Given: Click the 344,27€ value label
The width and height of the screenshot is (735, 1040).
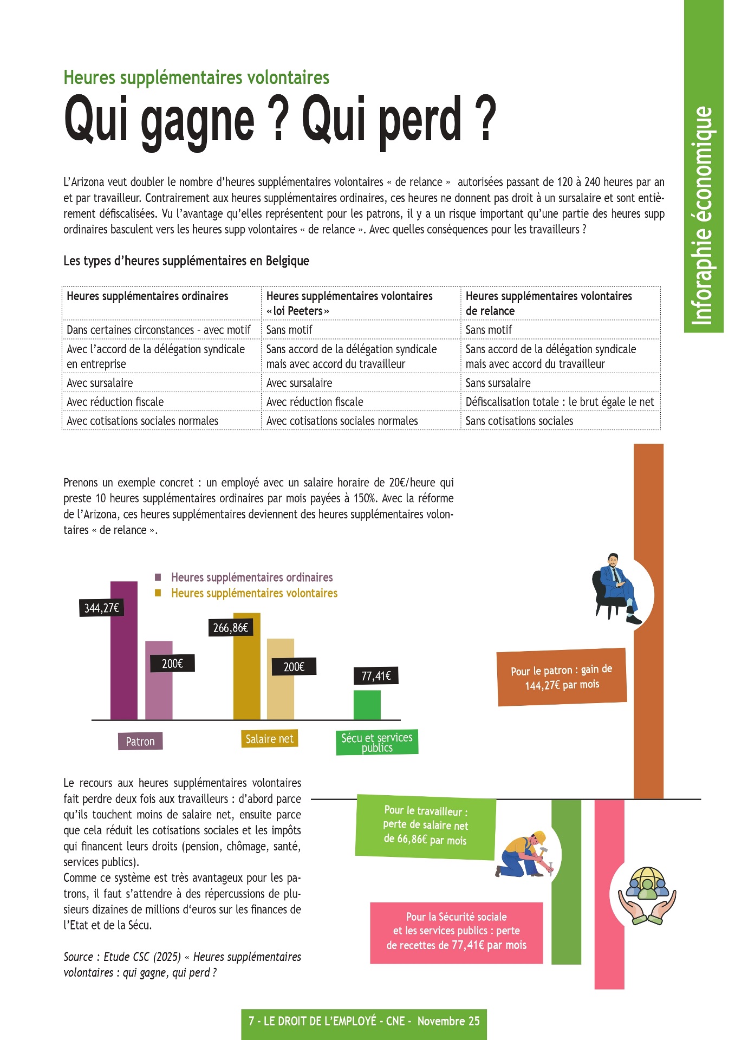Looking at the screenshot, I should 101,608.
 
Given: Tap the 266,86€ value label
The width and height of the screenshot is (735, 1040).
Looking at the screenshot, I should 231,628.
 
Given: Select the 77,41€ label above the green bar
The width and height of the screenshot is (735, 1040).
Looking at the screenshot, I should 376,676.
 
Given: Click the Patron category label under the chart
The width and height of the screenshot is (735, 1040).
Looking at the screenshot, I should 140,741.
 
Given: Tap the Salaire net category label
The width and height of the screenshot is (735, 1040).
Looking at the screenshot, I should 269,739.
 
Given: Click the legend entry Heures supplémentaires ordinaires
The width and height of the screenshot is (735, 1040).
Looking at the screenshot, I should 251,577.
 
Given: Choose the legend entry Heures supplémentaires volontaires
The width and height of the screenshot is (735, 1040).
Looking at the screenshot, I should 253,593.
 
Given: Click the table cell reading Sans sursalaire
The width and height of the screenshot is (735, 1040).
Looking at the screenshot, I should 498,383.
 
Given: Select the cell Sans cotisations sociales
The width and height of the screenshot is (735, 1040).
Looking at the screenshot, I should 519,421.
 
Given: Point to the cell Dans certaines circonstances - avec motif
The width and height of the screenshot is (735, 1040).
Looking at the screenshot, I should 158,330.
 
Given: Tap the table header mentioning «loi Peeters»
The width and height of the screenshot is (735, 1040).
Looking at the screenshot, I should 349,303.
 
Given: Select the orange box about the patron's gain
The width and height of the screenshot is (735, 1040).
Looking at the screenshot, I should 562,677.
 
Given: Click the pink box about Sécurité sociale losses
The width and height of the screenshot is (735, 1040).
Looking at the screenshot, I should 456,931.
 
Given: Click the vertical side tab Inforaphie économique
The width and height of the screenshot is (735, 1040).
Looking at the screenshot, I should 703,217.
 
